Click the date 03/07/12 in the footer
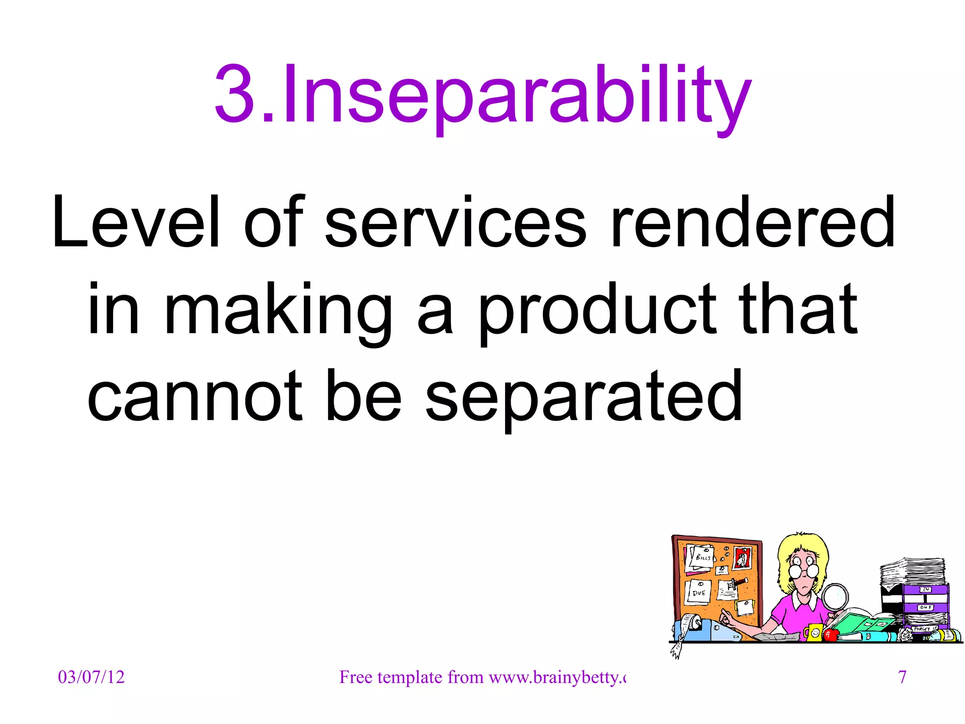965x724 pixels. click(x=91, y=677)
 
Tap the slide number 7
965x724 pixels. click(x=902, y=677)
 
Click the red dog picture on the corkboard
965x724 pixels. click(x=742, y=559)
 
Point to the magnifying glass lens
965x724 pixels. click(x=835, y=598)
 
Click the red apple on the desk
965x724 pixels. click(x=830, y=635)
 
